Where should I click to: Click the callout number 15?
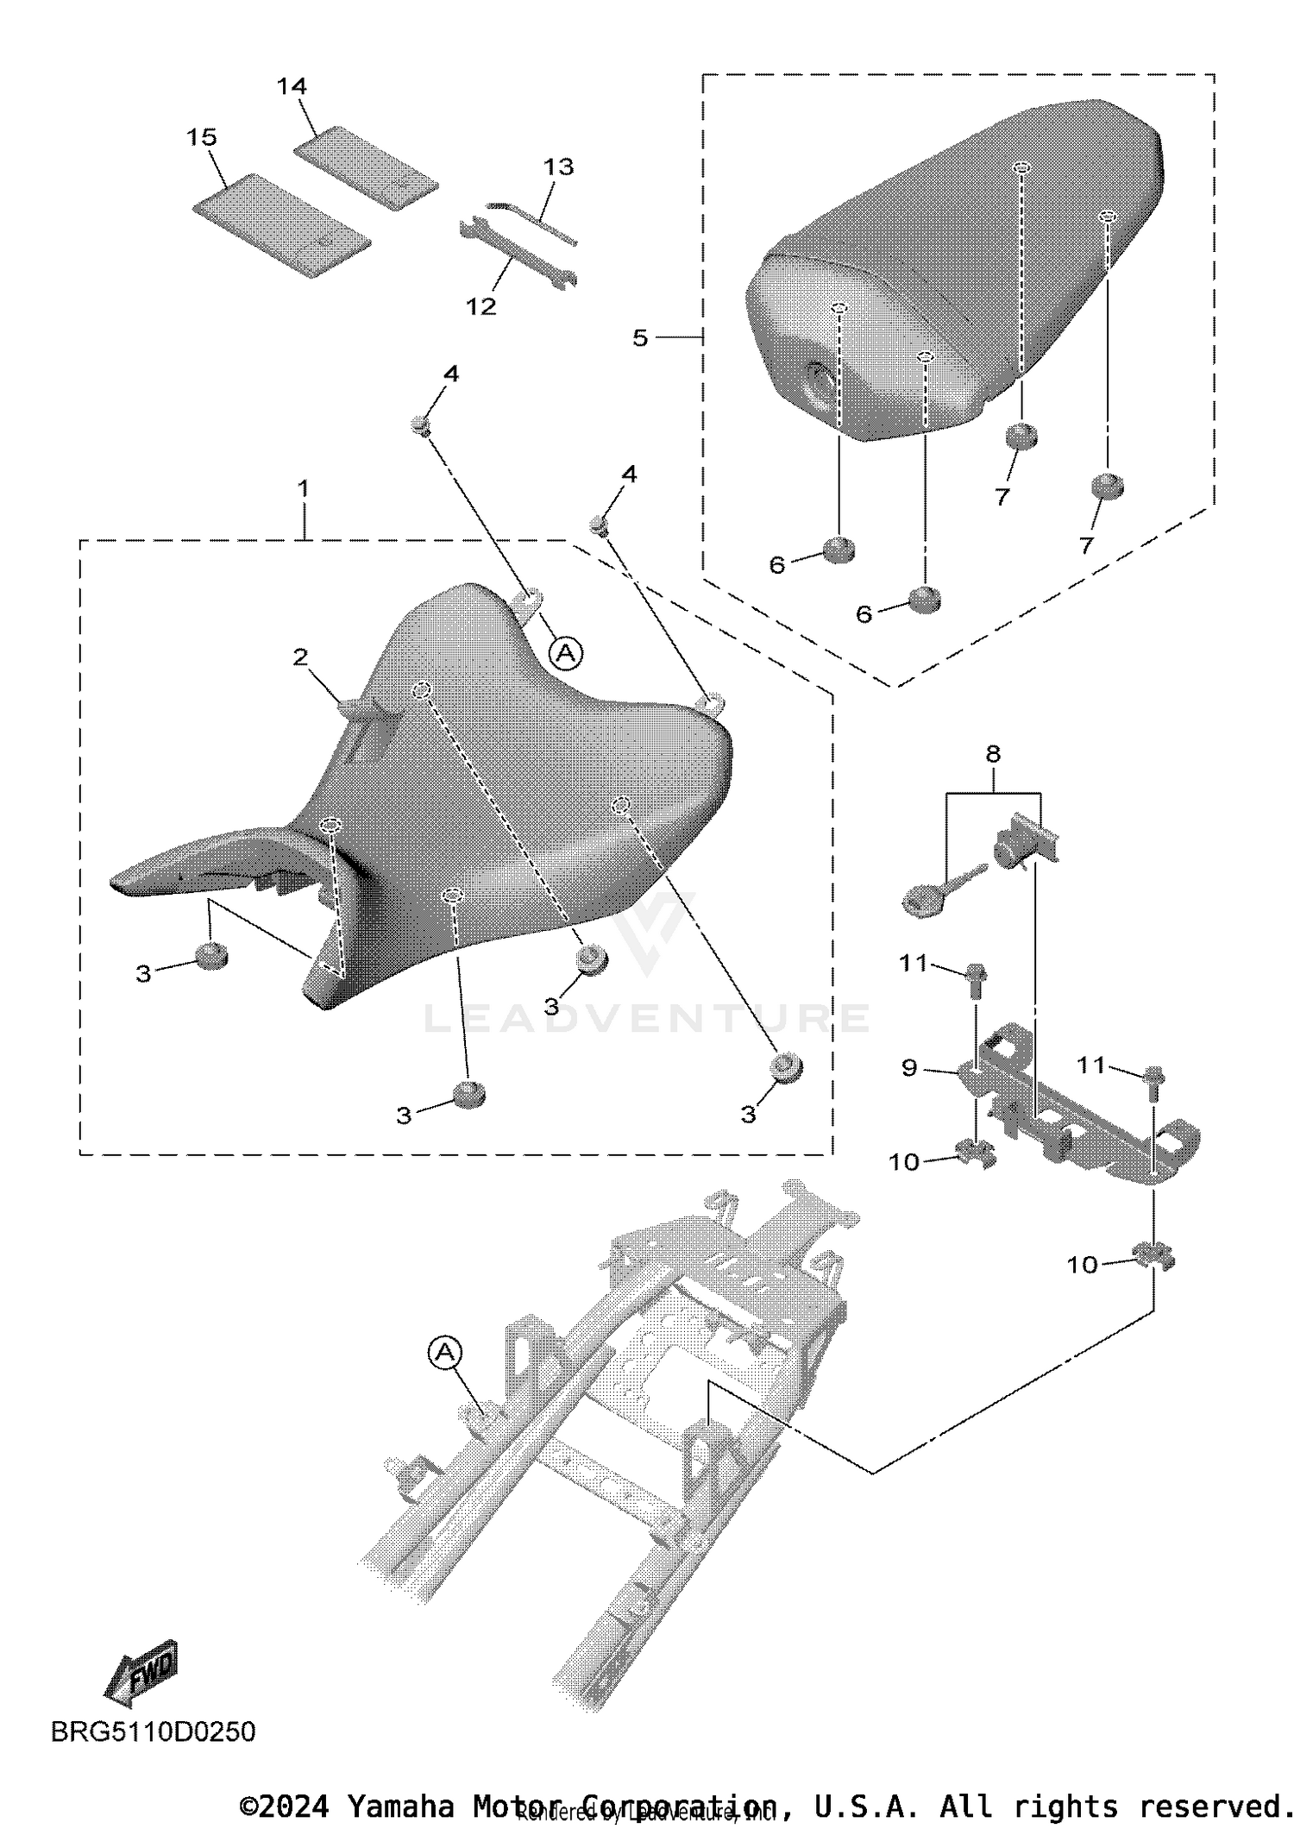202,137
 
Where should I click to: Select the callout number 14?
292,86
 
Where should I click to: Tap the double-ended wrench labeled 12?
516,253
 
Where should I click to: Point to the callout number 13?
558,167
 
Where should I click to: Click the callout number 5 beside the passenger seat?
640,337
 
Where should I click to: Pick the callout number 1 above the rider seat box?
303,488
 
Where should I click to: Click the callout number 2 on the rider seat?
300,657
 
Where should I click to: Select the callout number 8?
993,753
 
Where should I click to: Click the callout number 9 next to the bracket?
909,1068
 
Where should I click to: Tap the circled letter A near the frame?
445,1352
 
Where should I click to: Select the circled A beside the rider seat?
566,653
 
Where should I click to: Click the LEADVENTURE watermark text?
647,1018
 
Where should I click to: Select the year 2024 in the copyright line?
294,1806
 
